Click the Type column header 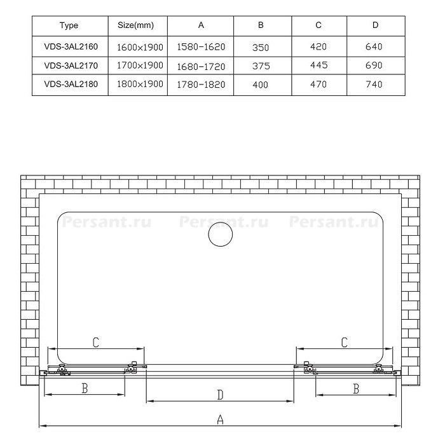pyautogui.click(x=69, y=25)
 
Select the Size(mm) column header pyautogui.click(x=135, y=25)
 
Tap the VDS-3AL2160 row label pyautogui.click(x=71, y=46)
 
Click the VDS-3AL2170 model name pyautogui.click(x=71, y=65)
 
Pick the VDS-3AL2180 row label pyautogui.click(x=71, y=84)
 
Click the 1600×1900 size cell pyautogui.click(x=140, y=47)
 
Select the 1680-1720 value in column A pyautogui.click(x=201, y=67)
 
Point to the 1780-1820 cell pyautogui.click(x=201, y=85)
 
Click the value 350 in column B pyautogui.click(x=261, y=48)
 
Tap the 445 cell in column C pyautogui.click(x=319, y=65)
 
